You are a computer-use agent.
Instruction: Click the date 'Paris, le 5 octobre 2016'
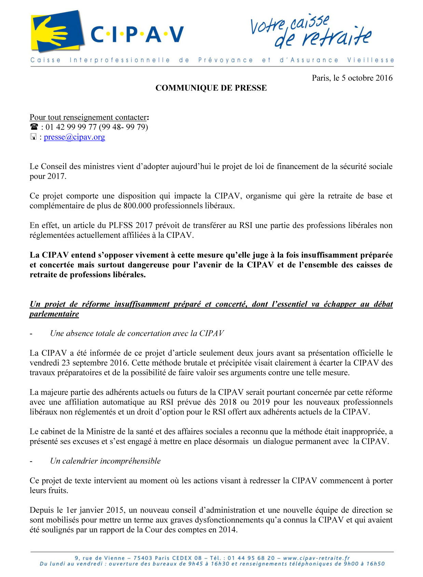(x=352, y=78)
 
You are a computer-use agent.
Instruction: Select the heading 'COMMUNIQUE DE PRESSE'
(x=211, y=88)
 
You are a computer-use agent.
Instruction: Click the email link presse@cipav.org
(x=74, y=137)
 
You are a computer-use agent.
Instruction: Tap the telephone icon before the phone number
(x=34, y=127)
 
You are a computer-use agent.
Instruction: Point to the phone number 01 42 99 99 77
(x=71, y=127)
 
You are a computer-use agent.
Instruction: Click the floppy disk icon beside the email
(x=33, y=137)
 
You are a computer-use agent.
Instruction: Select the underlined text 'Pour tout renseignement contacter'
(x=88, y=118)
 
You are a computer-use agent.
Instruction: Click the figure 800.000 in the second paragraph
(x=137, y=206)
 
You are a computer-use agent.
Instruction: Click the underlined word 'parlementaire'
(x=54, y=314)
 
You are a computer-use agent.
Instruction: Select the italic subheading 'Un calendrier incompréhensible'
(x=105, y=461)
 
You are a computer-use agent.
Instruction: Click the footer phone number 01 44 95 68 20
(x=251, y=558)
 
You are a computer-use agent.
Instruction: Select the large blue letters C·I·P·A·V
(x=137, y=35)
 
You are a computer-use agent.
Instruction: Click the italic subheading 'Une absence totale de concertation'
(x=137, y=334)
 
